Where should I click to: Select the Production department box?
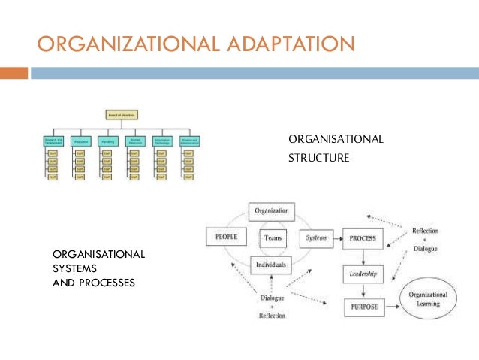(80, 141)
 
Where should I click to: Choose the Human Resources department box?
(136, 141)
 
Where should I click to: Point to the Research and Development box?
(53, 141)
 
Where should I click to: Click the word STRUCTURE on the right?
(318, 159)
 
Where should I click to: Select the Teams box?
(272, 238)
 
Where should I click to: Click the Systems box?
(315, 238)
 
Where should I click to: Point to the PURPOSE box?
(363, 307)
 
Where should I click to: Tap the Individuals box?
(271, 265)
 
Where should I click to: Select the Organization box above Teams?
(271, 211)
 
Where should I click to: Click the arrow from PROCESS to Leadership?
(363, 256)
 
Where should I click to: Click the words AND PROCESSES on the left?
(93, 284)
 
